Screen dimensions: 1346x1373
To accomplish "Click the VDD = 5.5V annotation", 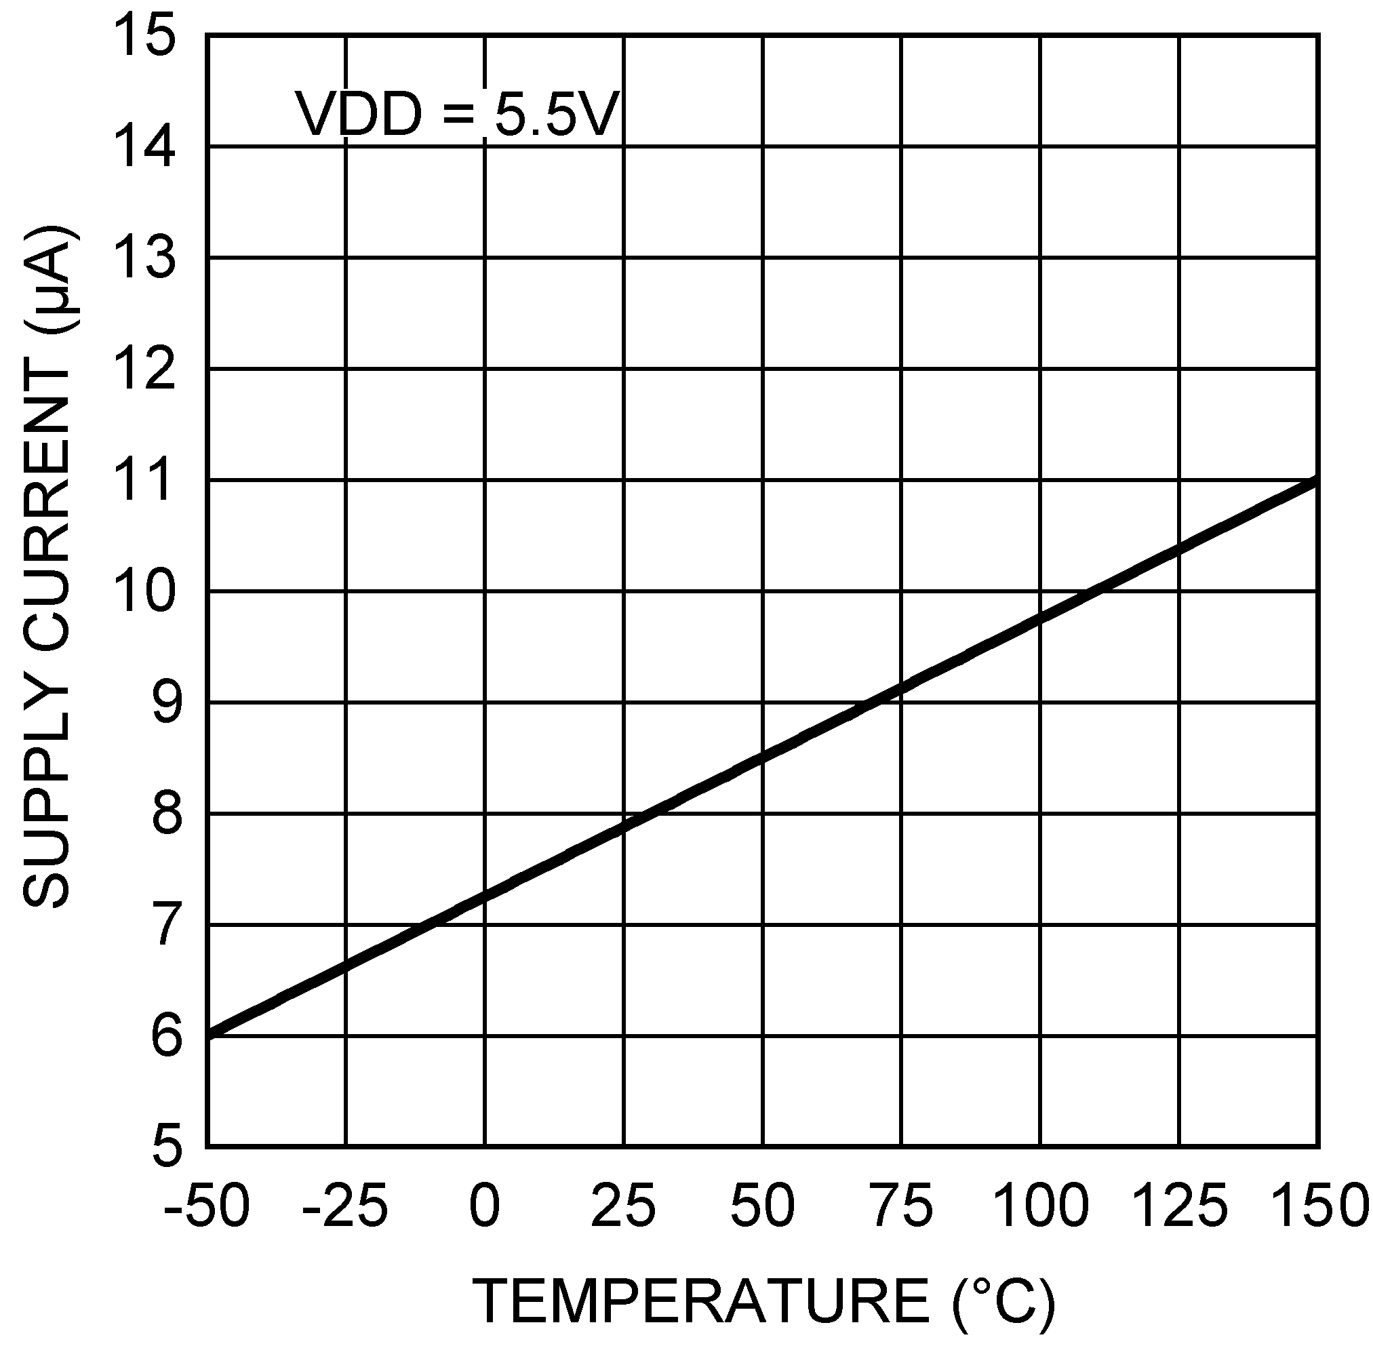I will click(x=458, y=115).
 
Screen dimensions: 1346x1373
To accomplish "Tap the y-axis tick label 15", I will click(x=145, y=37).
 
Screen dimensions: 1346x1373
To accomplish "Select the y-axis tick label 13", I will click(x=145, y=258).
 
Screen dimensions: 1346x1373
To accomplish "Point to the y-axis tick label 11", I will click(x=145, y=480).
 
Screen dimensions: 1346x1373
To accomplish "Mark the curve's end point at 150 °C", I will click(x=1317, y=481).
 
